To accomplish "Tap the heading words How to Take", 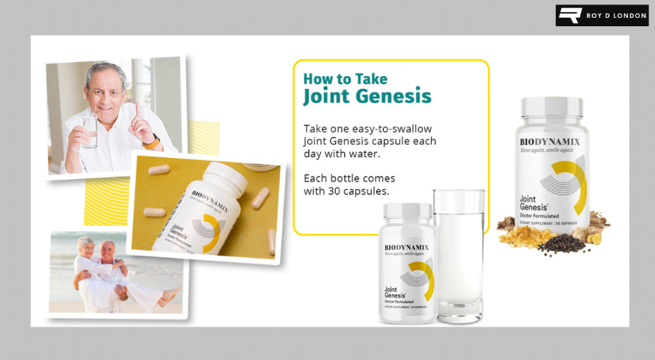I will coord(345,79).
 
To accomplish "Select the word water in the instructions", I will coord(367,155).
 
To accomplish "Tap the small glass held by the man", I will coord(90,132).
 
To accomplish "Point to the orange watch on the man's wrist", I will coord(152,142).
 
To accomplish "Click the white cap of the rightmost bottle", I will coord(551,107).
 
